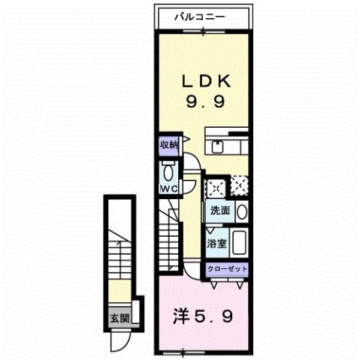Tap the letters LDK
[x=204, y=81]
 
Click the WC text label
[x=168, y=189]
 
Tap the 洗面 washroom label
[x=219, y=211]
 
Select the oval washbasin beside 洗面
[x=242, y=211]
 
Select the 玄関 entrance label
[x=119, y=318]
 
